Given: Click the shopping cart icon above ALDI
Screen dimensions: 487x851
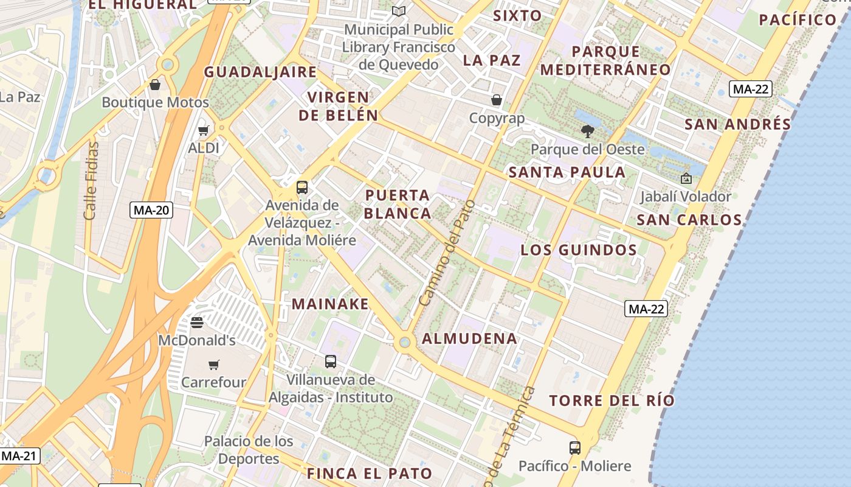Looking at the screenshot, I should tap(204, 130).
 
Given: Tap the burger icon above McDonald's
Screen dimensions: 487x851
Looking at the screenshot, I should tap(196, 322).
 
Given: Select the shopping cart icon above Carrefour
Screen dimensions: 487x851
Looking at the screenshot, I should tap(213, 365).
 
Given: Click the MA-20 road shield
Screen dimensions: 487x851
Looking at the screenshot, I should tap(152, 211).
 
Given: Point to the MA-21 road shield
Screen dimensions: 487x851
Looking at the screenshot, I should tap(20, 455).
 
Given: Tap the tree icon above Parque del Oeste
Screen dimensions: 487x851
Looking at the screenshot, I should tap(587, 131).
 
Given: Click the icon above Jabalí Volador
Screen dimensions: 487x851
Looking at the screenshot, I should tap(686, 178).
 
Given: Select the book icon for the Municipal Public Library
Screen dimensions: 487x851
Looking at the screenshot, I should tap(399, 12).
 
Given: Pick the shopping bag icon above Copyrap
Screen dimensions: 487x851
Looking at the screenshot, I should tap(497, 100).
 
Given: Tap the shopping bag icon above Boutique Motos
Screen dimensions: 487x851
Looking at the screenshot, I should tap(155, 84).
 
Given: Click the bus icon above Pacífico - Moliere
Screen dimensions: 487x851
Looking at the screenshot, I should tap(575, 448).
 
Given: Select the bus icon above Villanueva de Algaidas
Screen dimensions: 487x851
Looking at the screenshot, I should tap(331, 362).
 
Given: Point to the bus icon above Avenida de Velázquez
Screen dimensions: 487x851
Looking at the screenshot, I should tap(302, 187).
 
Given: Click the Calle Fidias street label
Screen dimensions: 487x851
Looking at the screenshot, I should tap(91, 181).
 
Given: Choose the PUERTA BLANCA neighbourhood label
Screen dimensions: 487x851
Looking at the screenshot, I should tap(398, 205).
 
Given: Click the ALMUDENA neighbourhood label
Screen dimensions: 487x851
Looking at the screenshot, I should tap(470, 339).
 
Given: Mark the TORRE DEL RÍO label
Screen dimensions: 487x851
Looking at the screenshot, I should tap(612, 401).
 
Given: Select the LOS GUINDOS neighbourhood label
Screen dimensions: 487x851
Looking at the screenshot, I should tap(579, 250).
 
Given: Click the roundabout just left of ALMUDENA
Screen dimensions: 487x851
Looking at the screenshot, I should tap(404, 343).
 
